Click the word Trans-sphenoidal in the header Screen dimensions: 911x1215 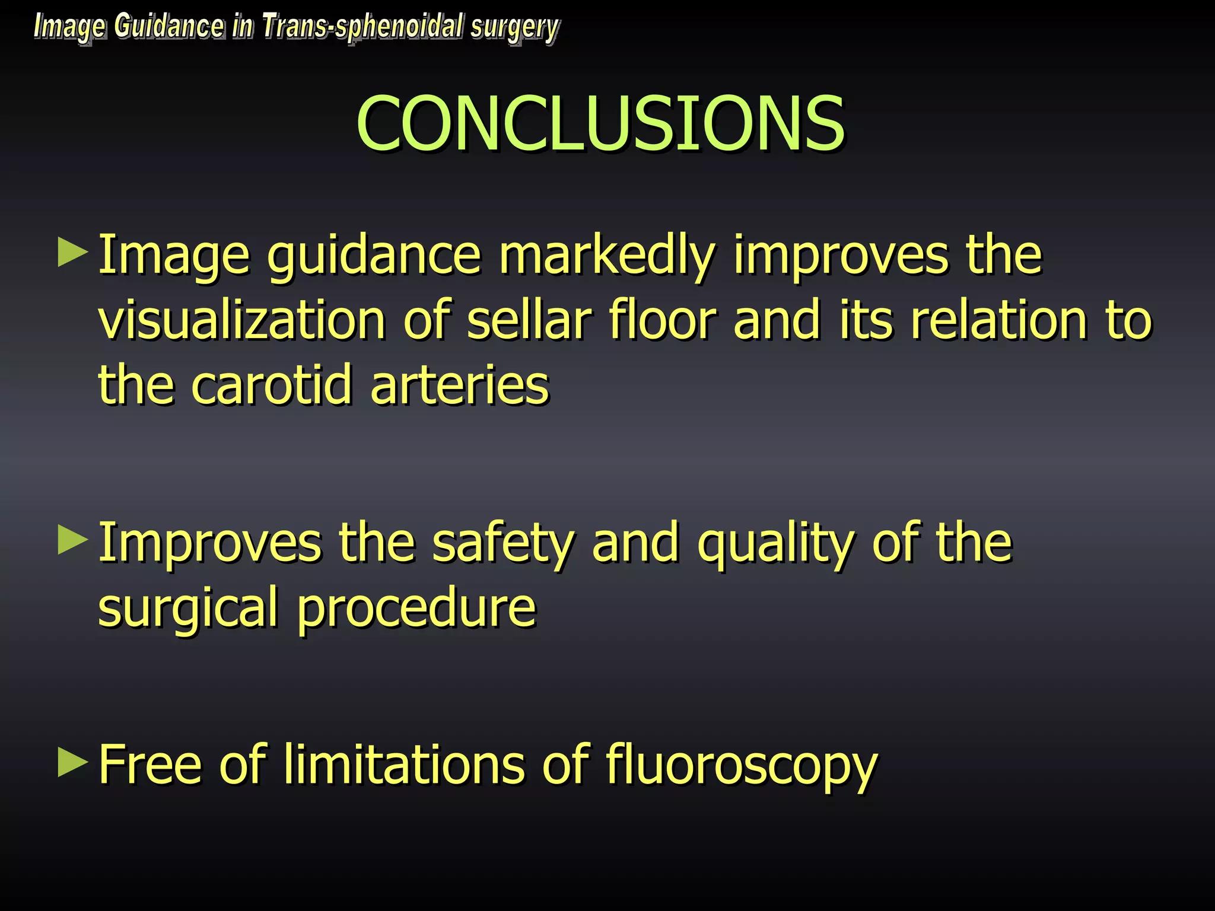pos(362,27)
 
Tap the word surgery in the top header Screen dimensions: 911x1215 pos(514,28)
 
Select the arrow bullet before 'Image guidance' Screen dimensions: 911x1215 pos(73,253)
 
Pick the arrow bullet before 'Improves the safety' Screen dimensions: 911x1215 pos(73,541)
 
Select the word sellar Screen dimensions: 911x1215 pos(529,320)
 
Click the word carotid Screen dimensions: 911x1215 pos(272,386)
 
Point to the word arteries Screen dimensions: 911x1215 pos(460,386)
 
